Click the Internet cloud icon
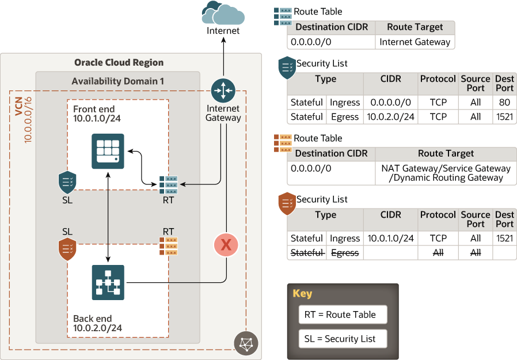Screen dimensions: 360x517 (x=223, y=12)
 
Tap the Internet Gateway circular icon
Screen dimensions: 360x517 (x=223, y=90)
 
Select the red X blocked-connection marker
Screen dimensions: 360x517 (x=226, y=245)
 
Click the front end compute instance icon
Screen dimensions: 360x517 (x=108, y=151)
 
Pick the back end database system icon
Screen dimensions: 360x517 (x=108, y=282)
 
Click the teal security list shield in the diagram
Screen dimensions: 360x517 (x=67, y=183)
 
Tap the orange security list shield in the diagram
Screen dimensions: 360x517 (x=67, y=249)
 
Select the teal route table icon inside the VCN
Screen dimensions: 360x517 (x=169, y=184)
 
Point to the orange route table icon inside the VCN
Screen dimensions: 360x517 (x=169, y=245)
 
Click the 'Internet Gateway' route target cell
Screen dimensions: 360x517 (x=415, y=41)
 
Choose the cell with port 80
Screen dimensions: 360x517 (x=504, y=103)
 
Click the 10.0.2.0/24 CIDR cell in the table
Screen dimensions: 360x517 (x=390, y=117)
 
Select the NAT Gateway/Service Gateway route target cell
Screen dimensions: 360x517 (x=446, y=173)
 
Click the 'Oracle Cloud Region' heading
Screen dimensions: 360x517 (x=119, y=62)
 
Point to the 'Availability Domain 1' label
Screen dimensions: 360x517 (x=117, y=81)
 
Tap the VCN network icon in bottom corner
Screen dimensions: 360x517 (x=246, y=343)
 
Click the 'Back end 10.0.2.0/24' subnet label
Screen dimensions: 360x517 (x=97, y=323)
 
